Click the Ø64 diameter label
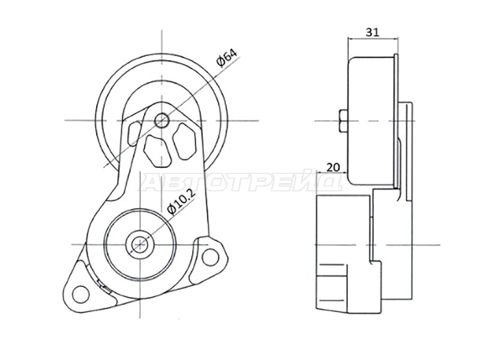coord(227,58)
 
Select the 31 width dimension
coord(373,32)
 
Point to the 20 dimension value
coord(333,167)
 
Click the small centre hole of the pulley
coord(161,121)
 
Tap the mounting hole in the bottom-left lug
coord(80,294)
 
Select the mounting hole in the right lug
coord(211,256)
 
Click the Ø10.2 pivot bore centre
coord(140,244)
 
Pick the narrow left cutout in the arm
coord(134,133)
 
